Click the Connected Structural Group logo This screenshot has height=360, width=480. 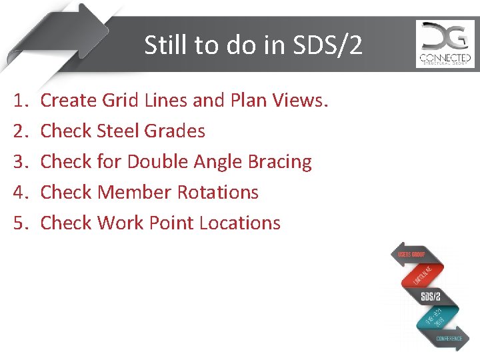pos(445,44)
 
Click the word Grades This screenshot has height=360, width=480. pos(175,131)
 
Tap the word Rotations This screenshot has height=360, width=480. pos(217,193)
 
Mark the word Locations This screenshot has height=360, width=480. pos(243,223)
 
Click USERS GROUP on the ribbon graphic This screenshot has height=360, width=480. pos(411,255)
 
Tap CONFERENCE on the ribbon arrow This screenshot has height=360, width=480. pos(449,338)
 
